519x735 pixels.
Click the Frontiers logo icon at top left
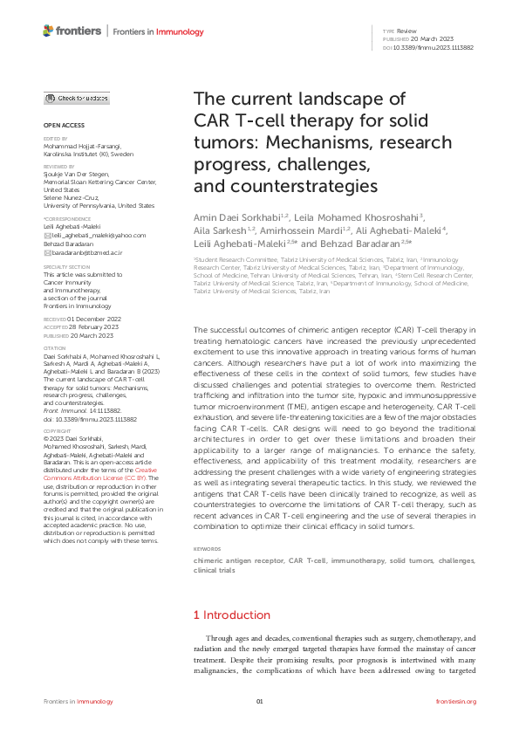49,31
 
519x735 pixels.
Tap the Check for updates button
78,99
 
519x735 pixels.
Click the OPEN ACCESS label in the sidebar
64,125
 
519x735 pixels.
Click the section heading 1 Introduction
231,615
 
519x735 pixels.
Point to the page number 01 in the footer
259,702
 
